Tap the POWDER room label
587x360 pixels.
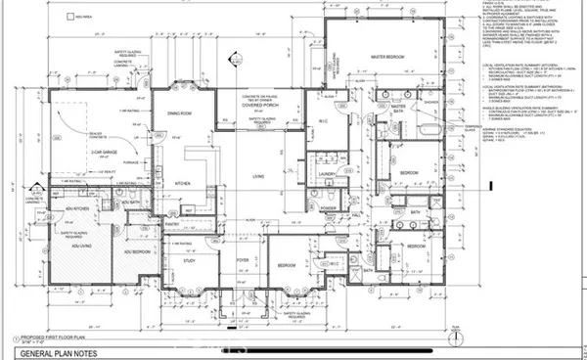pyautogui.click(x=327, y=208)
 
